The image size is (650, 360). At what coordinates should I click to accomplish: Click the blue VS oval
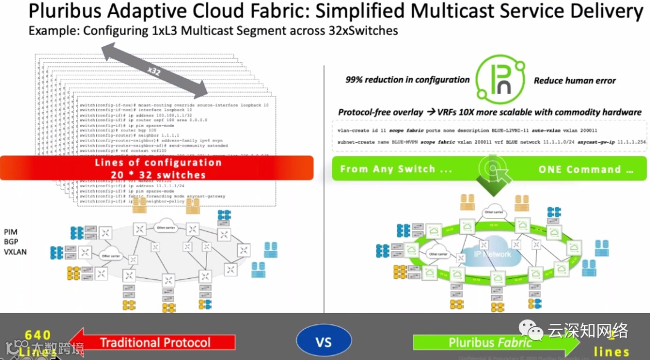[324, 343]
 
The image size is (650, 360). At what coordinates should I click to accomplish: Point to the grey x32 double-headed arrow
[155, 71]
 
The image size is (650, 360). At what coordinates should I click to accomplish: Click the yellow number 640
[37, 335]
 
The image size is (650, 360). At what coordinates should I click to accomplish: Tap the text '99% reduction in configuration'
[407, 79]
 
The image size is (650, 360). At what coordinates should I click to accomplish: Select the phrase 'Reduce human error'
[575, 80]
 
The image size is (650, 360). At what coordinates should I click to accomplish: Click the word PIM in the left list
[11, 232]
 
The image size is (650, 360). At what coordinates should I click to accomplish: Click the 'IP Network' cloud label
[492, 253]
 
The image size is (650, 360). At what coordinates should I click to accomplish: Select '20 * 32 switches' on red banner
[158, 175]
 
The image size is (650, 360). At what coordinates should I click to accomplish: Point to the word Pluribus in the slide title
[64, 11]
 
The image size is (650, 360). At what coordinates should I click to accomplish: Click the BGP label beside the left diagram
[11, 243]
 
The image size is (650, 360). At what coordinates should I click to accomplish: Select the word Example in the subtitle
[49, 30]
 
